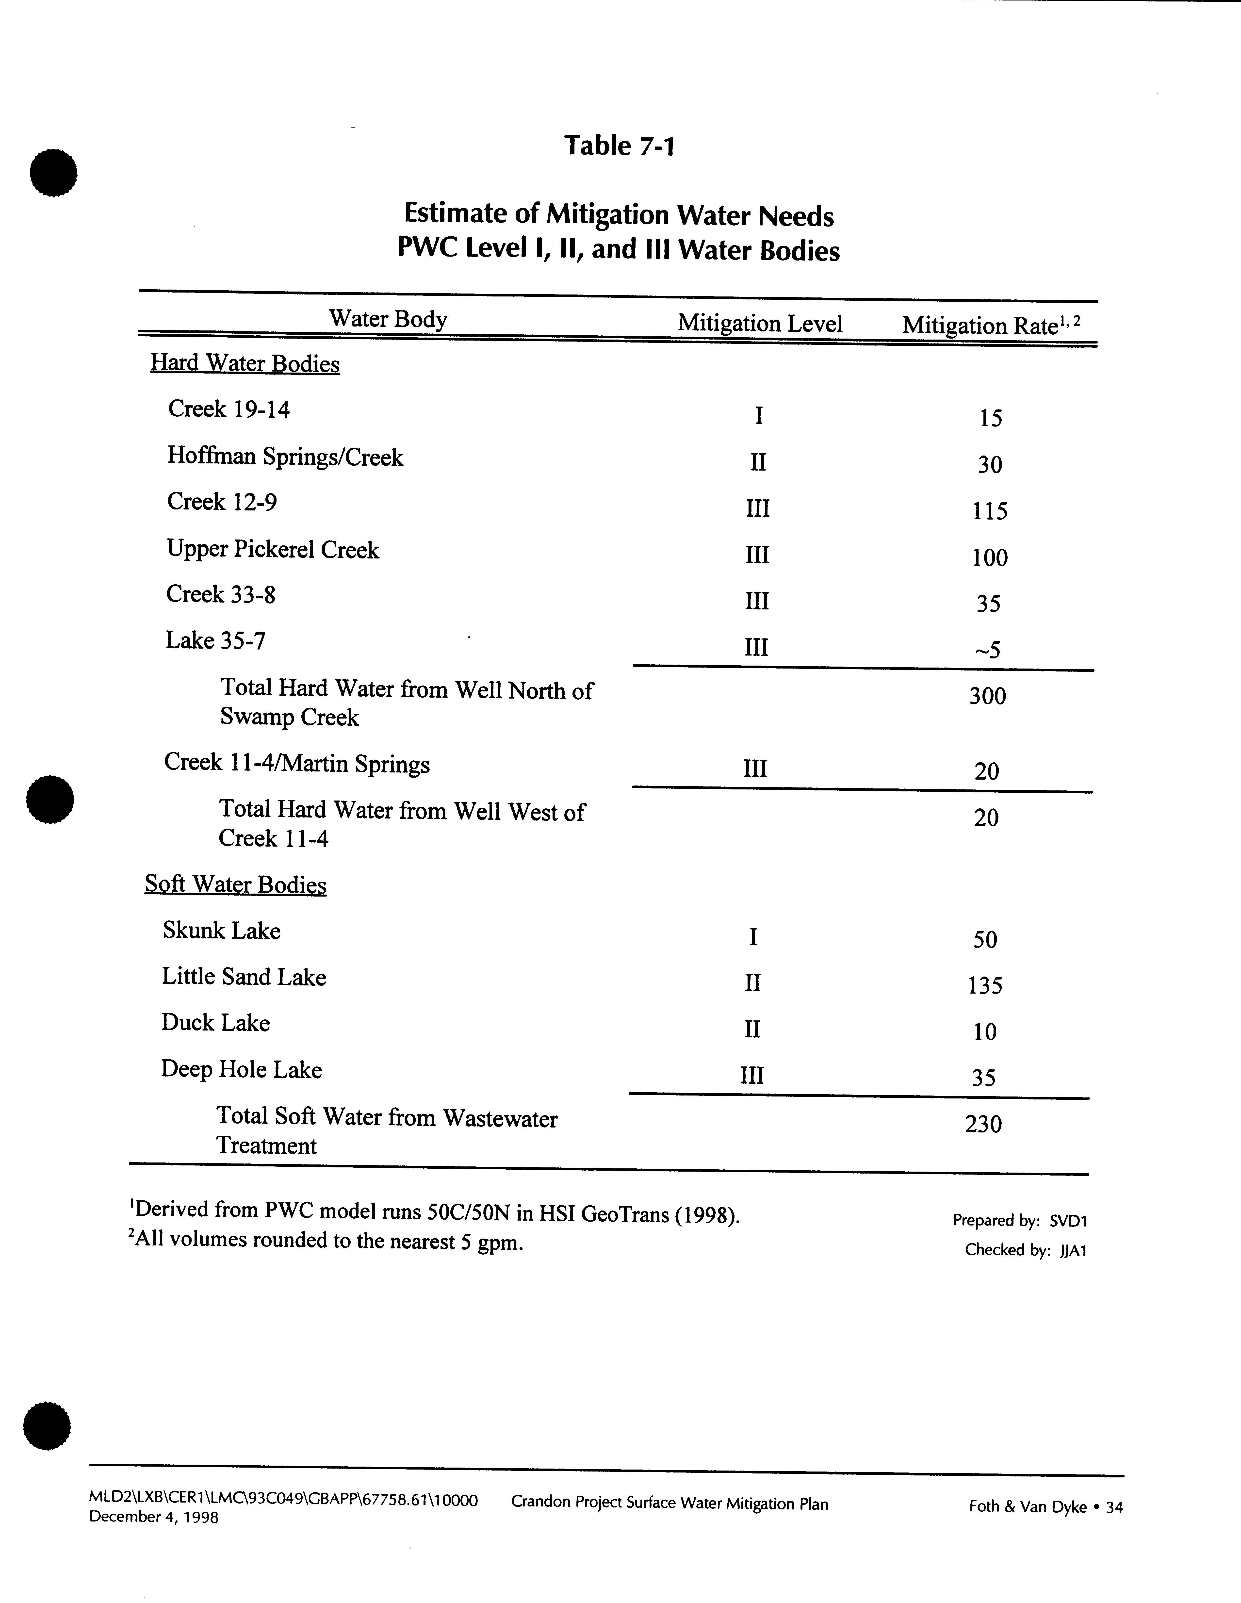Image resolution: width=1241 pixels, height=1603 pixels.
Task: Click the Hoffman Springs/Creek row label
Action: pyautogui.click(x=285, y=457)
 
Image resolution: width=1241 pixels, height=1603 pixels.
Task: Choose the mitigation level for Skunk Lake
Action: pyautogui.click(x=753, y=937)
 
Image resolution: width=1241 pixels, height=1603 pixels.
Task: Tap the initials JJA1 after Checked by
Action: pyautogui.click(x=1072, y=1250)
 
